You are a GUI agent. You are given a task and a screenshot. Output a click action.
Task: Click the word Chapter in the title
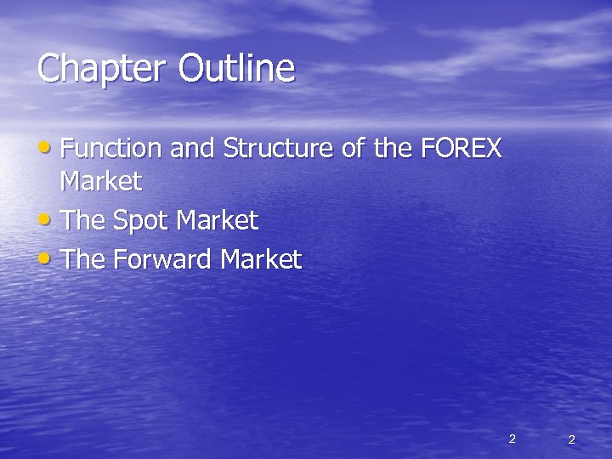tap(104, 69)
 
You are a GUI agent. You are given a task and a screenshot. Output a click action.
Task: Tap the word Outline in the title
tap(237, 68)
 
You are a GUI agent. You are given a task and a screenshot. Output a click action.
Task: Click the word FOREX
tap(461, 149)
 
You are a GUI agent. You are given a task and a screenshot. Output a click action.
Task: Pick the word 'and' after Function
tap(192, 149)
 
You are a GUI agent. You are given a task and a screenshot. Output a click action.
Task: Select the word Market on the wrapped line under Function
tap(101, 181)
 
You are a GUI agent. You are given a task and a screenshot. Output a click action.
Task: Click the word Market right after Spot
tap(217, 221)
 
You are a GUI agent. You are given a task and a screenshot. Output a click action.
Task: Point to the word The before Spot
tap(82, 221)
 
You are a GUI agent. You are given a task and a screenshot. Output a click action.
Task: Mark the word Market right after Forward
tap(261, 259)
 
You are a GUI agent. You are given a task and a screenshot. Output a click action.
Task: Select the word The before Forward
tap(82, 259)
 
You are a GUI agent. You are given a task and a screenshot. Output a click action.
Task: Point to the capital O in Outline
tap(192, 68)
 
